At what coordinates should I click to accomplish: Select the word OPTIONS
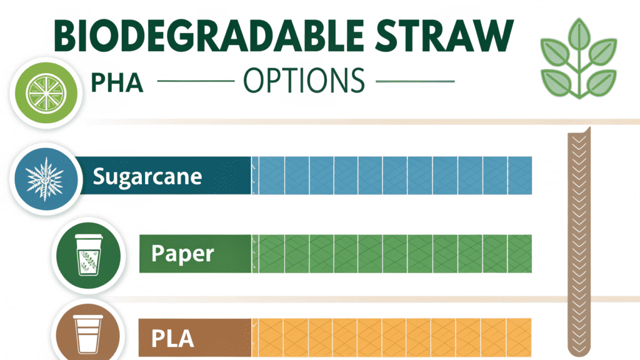pos(304,81)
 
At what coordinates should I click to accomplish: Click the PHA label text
pos(117,83)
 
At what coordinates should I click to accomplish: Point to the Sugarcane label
pos(147,176)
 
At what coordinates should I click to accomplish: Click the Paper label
pos(182,254)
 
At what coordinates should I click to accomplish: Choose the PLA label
pos(172,338)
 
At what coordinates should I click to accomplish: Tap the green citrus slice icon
pos(46,93)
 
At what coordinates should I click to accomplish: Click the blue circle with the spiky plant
pos(46,179)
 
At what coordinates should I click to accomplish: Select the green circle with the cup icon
pos(89,256)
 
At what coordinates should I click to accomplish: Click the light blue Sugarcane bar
pos(392,176)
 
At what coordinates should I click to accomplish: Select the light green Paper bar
pos(392,254)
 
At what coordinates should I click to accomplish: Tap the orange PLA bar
pos(392,338)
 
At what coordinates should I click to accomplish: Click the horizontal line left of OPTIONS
pos(196,81)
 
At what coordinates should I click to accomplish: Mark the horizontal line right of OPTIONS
pos(415,81)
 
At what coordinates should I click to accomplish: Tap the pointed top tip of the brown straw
pos(589,127)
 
